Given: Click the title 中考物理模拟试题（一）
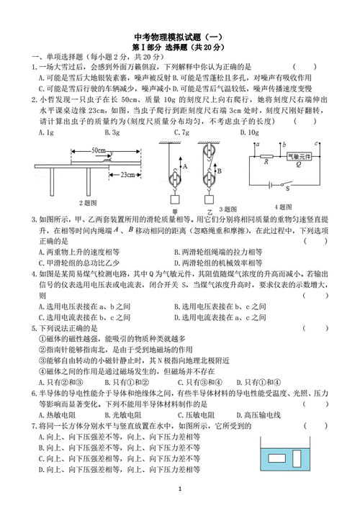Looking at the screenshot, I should pyautogui.click(x=180, y=37).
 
